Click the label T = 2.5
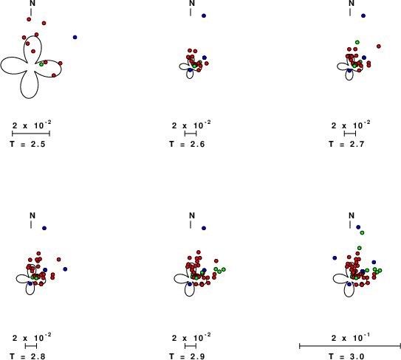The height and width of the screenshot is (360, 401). coord(27,145)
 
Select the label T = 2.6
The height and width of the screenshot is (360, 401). coord(187,145)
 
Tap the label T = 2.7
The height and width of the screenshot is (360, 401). coord(346,145)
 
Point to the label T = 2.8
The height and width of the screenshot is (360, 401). coord(27,356)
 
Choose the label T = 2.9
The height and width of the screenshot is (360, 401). coord(187,356)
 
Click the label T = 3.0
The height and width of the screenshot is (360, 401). coord(346,356)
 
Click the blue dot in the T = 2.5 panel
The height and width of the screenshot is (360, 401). coord(75,38)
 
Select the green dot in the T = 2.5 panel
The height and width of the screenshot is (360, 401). coord(41,64)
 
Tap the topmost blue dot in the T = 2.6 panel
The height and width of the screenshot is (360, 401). coord(204,15)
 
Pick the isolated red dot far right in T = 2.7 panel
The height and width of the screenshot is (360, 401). coord(379,46)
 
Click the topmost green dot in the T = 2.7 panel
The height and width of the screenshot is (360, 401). coord(357,42)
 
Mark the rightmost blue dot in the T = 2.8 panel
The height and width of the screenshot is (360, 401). coord(65,269)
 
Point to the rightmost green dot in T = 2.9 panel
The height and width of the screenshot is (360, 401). coord(224,269)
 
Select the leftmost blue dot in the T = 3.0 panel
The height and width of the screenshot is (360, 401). coord(335,258)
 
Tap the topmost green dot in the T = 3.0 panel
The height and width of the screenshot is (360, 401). coord(362,233)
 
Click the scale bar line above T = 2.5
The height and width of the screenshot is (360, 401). coord(31,134)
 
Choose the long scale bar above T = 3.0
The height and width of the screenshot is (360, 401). coord(350,346)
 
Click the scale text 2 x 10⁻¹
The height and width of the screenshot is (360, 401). coord(351,338)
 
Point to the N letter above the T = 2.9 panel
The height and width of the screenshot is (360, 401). coord(192,215)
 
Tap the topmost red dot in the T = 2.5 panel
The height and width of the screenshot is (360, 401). coord(29,19)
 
